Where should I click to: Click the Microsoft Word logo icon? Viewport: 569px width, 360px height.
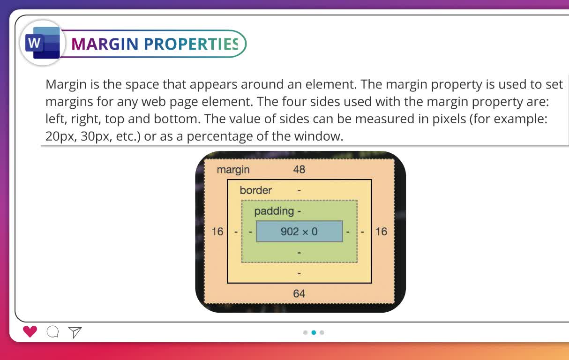point(43,43)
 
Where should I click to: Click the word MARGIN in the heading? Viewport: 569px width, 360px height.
point(105,44)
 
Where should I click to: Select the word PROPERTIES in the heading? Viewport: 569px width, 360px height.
point(191,44)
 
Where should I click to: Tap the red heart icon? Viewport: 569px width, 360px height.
point(30,331)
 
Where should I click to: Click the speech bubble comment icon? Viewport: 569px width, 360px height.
point(53,331)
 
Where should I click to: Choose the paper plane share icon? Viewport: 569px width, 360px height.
point(75,332)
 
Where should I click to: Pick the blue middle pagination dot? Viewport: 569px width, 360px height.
point(314,332)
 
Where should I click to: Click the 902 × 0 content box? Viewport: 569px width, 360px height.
point(299,232)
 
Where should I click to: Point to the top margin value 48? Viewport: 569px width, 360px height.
point(299,169)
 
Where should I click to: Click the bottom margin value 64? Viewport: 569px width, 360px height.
point(299,293)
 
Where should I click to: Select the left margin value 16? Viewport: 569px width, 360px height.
point(217,232)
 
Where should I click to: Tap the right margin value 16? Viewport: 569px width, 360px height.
point(381,232)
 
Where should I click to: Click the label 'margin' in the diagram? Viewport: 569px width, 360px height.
point(233,170)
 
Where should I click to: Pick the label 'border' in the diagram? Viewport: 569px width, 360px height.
point(255,190)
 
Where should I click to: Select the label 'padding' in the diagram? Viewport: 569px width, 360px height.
point(274,211)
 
